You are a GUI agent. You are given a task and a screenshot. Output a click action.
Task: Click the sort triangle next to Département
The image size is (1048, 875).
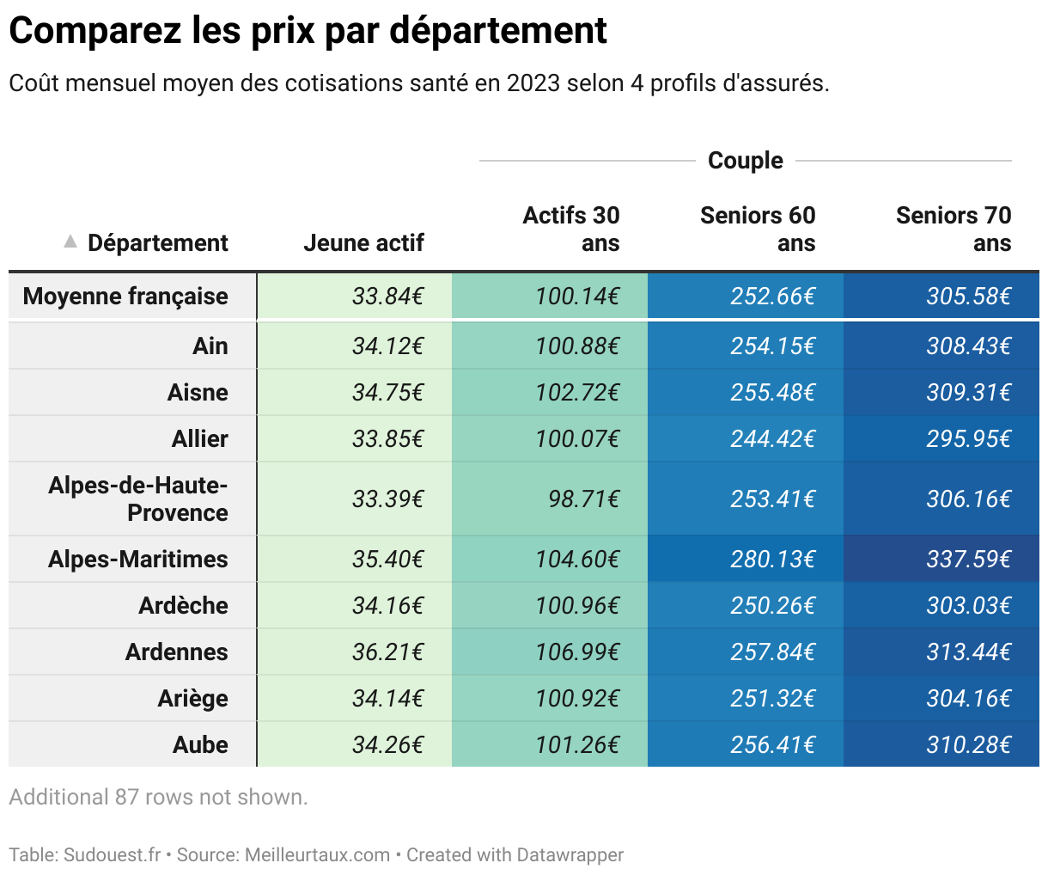click(x=70, y=242)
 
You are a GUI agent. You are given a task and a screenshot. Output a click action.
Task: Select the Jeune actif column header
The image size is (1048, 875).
click(x=363, y=243)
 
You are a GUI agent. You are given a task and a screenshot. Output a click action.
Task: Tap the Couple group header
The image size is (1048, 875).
click(x=745, y=161)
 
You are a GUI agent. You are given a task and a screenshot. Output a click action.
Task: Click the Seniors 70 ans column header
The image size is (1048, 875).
click(x=953, y=229)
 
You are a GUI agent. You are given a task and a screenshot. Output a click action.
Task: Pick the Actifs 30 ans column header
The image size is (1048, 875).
click(x=571, y=229)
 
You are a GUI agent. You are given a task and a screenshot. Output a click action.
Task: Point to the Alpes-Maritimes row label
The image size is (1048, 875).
click(x=137, y=560)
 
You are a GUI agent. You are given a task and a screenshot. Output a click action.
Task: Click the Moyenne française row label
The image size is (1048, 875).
click(x=125, y=297)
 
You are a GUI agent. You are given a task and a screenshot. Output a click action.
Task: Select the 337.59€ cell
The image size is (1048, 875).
click(x=968, y=560)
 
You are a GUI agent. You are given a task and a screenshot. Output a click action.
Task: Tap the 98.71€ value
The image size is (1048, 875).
click(x=583, y=499)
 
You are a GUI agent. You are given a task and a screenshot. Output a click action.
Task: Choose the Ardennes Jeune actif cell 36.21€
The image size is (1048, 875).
click(x=387, y=652)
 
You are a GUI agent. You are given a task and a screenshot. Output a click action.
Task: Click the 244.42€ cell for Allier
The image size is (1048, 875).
click(x=772, y=439)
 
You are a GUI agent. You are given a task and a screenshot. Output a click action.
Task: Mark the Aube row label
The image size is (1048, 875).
click(x=200, y=745)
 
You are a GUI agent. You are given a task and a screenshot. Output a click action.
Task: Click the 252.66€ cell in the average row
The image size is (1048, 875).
click(x=772, y=297)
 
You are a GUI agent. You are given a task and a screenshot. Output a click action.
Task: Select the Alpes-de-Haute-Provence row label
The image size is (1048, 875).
click(x=138, y=499)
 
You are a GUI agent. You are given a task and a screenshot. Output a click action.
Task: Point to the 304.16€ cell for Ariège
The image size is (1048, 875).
click(x=968, y=699)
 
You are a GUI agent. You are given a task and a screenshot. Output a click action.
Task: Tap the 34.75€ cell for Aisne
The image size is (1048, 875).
click(x=387, y=393)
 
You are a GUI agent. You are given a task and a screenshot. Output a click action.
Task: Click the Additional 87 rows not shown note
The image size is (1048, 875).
click(x=158, y=798)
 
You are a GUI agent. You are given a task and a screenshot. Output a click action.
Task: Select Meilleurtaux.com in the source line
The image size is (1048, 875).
click(x=317, y=855)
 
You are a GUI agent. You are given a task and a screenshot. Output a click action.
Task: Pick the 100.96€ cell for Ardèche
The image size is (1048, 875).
click(x=576, y=606)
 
